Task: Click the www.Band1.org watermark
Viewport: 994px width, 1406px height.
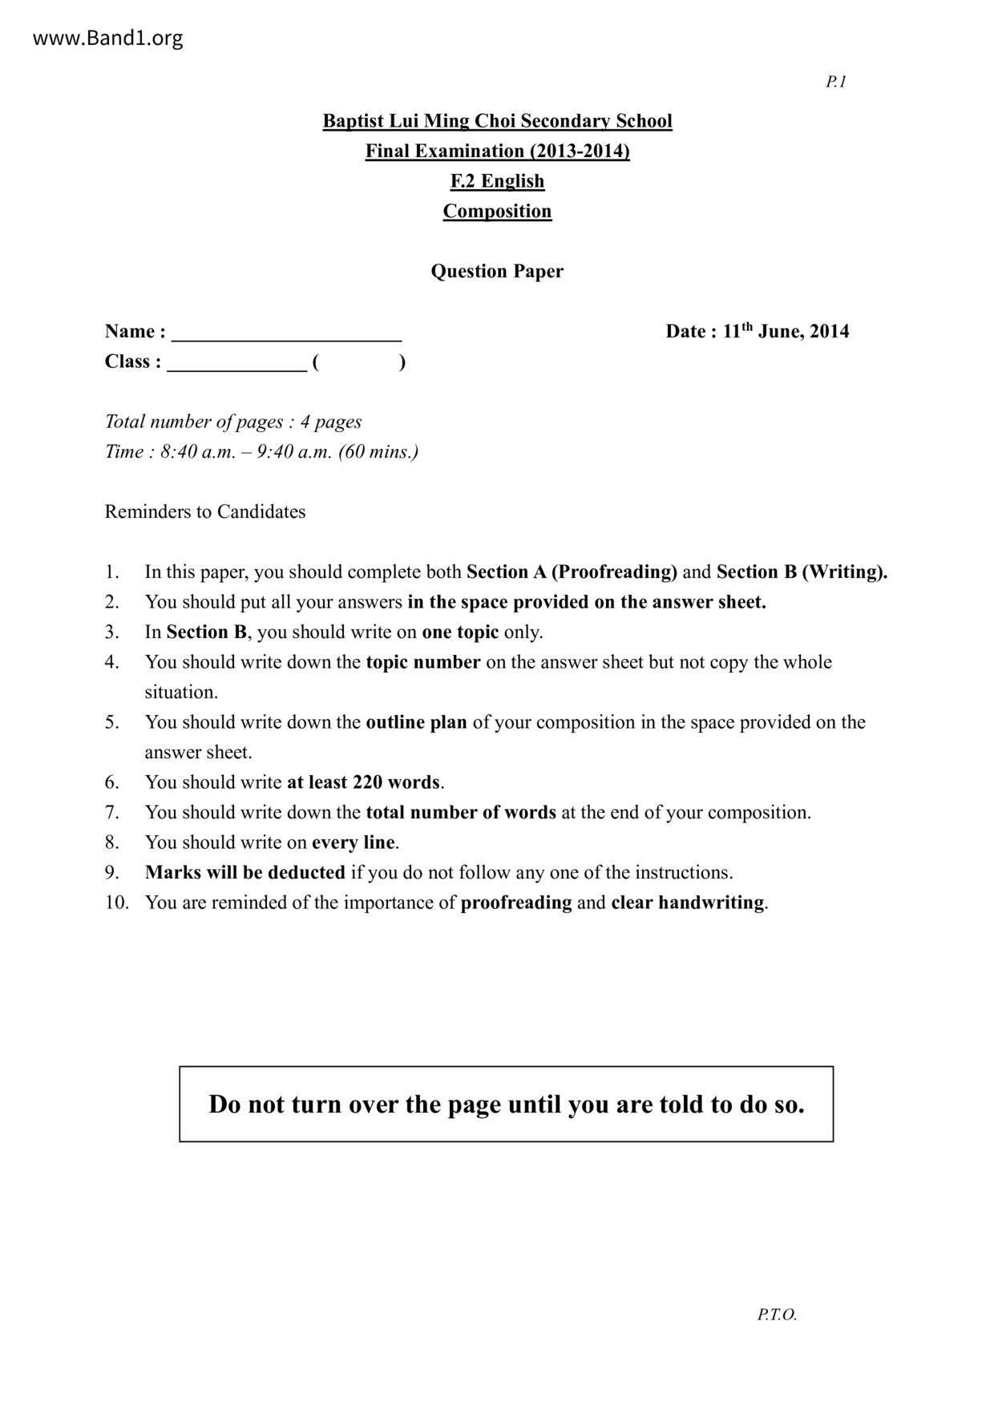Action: pyautogui.click(x=107, y=38)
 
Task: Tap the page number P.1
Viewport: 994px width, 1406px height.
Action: pyautogui.click(x=836, y=82)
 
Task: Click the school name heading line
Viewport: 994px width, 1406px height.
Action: pyautogui.click(x=497, y=121)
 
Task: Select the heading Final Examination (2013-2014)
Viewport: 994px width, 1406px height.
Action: pyautogui.click(x=497, y=151)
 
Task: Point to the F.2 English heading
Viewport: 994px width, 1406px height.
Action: pyautogui.click(x=497, y=181)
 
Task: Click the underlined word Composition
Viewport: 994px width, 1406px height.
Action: pyautogui.click(x=497, y=211)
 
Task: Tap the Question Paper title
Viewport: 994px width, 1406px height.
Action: pyautogui.click(x=497, y=271)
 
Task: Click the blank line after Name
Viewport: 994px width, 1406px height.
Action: pyautogui.click(x=286, y=335)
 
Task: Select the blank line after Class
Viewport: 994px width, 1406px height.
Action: pyautogui.click(x=236, y=366)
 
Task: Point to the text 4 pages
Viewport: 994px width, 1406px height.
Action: pyautogui.click(x=331, y=422)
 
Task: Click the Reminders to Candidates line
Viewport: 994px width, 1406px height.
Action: pyautogui.click(x=205, y=511)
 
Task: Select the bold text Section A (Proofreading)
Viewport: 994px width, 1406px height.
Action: pyautogui.click(x=572, y=572)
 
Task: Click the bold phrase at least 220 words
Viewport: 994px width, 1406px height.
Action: pyautogui.click(x=363, y=782)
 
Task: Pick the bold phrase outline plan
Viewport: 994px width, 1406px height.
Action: pyautogui.click(x=416, y=721)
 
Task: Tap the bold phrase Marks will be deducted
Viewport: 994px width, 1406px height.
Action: pyautogui.click(x=245, y=872)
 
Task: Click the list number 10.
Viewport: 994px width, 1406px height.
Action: pyautogui.click(x=116, y=902)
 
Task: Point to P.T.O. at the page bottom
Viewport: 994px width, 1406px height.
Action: pyautogui.click(x=777, y=1315)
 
